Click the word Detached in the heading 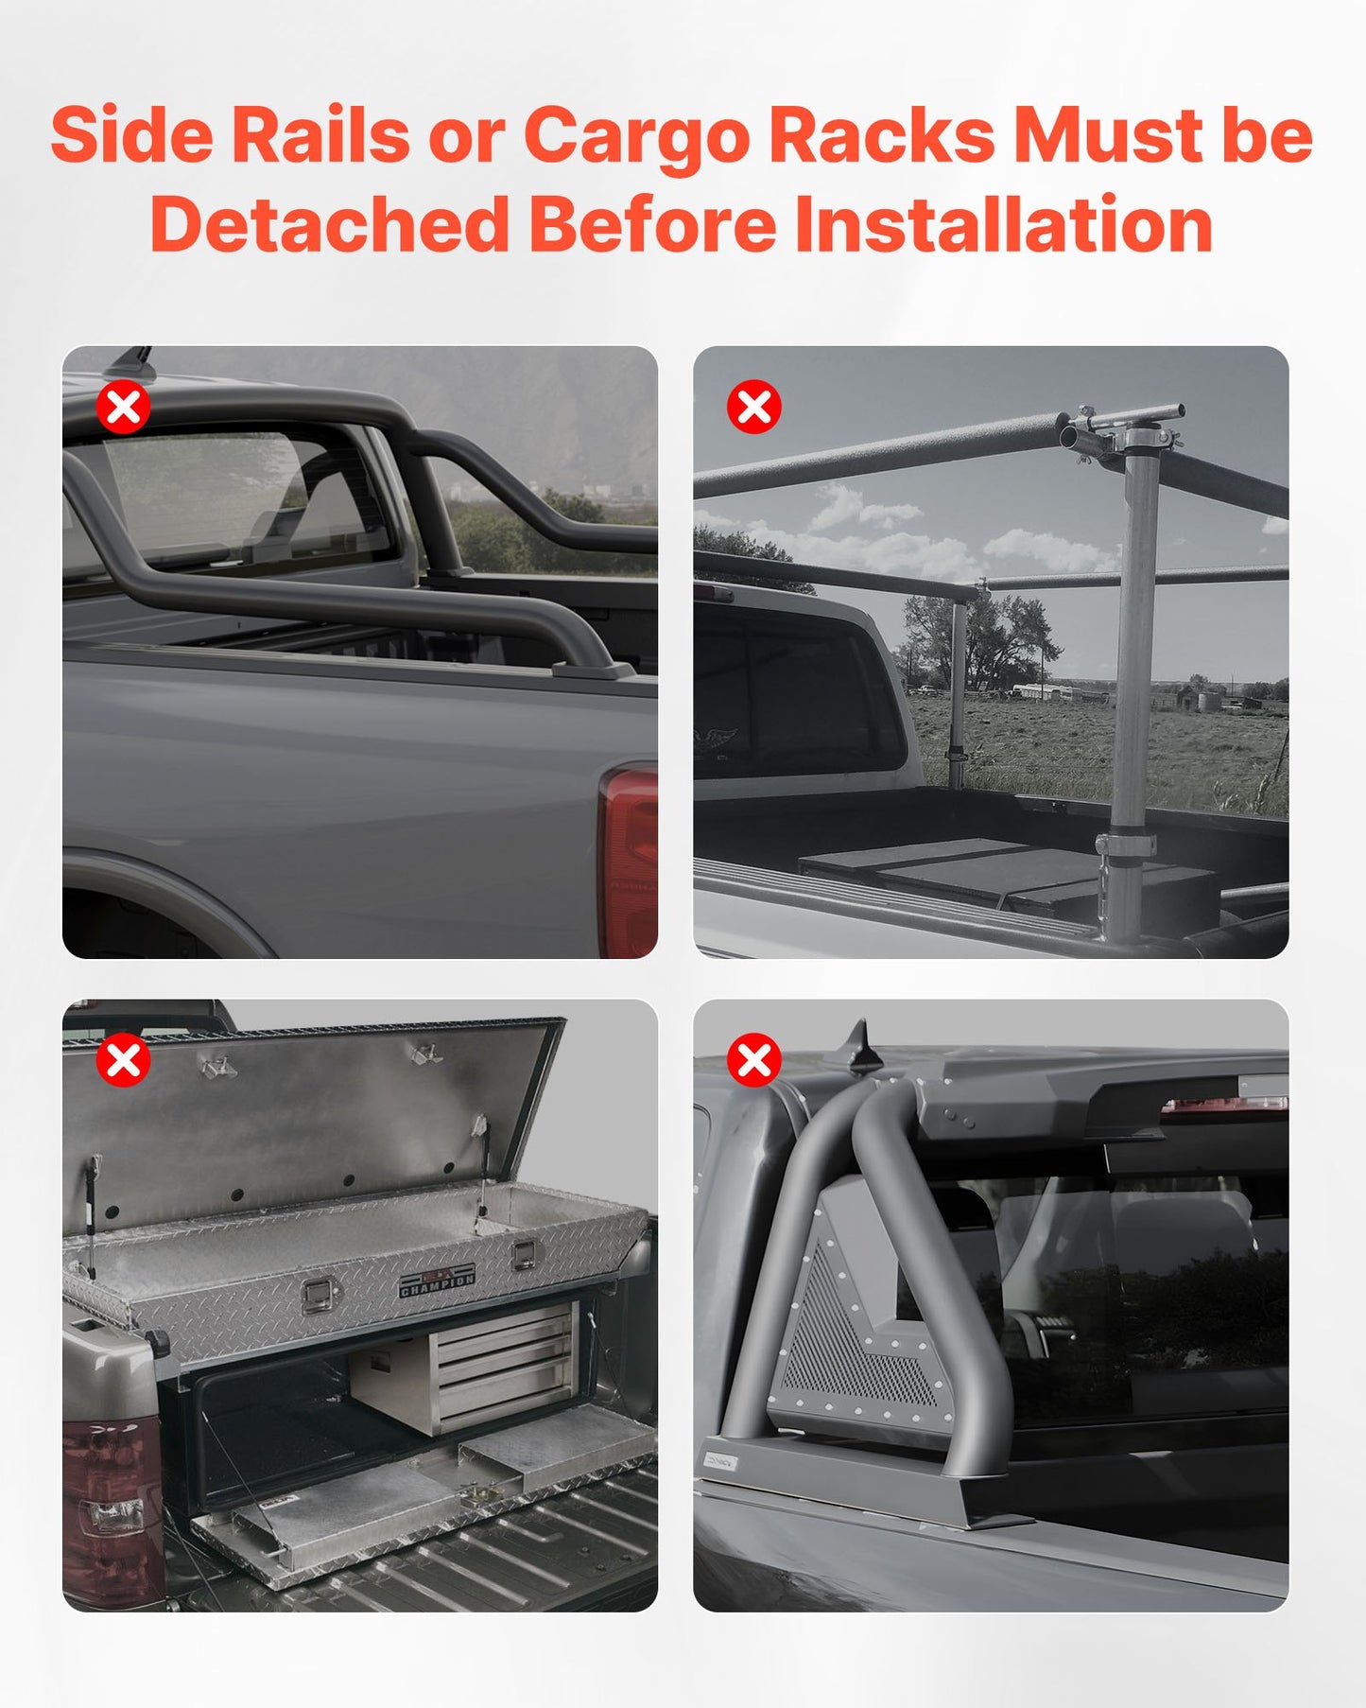pos(329,225)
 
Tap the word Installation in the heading pos(1003,225)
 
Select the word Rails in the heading pos(320,135)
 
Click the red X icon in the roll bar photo pos(124,408)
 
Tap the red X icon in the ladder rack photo pos(753,408)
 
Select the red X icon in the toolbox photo pos(124,1060)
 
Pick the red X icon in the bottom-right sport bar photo pos(753,1060)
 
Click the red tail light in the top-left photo pos(628,861)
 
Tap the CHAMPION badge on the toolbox pos(437,1281)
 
